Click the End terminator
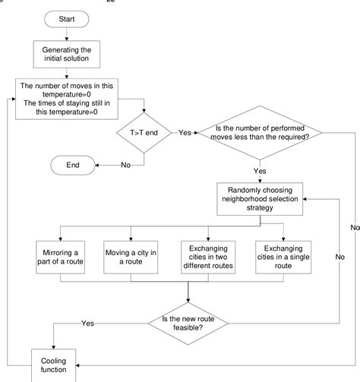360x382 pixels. pos(72,164)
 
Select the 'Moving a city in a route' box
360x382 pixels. pos(131,256)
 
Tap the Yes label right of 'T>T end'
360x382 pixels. pos(185,131)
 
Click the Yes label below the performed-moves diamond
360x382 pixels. pos(261,171)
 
